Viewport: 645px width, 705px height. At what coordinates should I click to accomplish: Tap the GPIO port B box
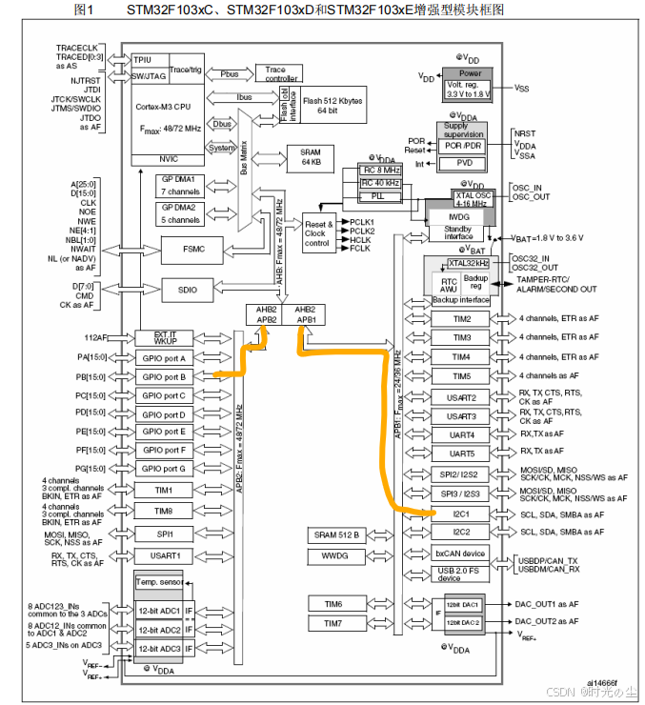point(163,377)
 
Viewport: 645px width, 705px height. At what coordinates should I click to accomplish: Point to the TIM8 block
point(163,511)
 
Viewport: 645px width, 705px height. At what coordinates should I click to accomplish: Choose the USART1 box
point(163,554)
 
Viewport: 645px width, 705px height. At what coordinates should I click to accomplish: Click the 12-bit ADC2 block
point(159,630)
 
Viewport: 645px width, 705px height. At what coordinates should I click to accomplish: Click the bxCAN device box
point(461,553)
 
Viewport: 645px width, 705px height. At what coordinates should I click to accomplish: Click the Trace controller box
point(275,73)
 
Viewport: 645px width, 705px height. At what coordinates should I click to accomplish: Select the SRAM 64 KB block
point(311,158)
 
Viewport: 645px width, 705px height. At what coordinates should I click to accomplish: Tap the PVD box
point(463,163)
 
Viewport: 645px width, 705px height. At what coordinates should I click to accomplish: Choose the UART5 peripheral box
point(462,453)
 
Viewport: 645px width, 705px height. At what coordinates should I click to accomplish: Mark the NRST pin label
point(525,133)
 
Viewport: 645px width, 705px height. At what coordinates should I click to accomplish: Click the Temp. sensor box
point(158,581)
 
